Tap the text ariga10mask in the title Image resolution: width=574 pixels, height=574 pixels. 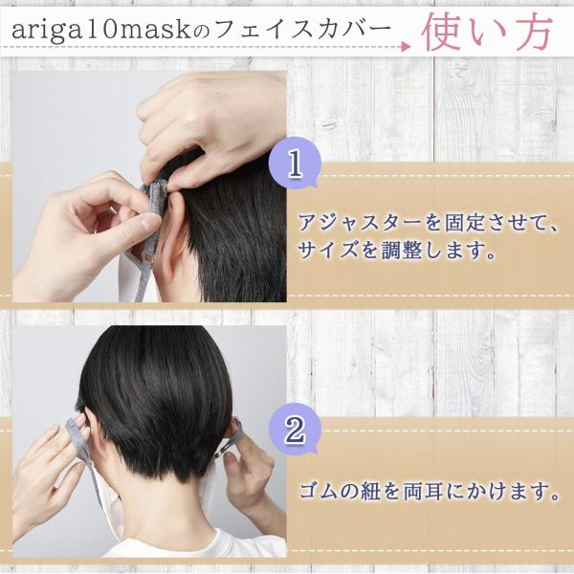click(x=101, y=30)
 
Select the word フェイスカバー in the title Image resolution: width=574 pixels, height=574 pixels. click(x=302, y=30)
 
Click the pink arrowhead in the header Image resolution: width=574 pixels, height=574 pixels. click(x=406, y=47)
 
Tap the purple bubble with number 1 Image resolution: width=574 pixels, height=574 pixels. click(x=295, y=164)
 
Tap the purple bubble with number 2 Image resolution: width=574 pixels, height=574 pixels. click(x=295, y=430)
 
